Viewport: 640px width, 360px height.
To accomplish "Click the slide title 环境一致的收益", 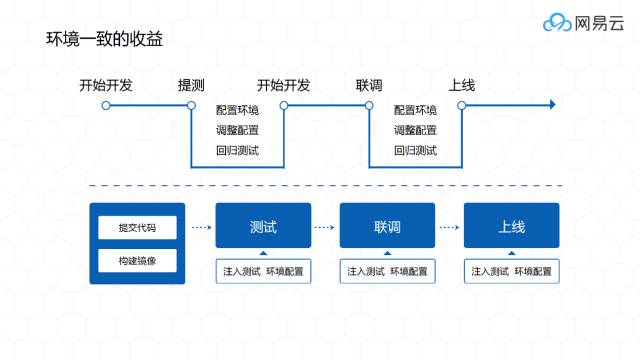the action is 104,39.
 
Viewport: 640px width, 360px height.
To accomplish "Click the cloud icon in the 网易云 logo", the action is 557,22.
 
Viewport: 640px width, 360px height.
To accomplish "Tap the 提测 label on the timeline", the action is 191,85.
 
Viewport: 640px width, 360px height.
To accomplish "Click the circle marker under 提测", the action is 191,106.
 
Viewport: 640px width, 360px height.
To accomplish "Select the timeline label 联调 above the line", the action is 369,85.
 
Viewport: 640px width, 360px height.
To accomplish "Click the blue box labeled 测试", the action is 263,225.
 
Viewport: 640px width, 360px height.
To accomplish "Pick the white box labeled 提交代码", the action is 137,227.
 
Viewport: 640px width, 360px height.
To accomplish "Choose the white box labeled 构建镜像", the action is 137,260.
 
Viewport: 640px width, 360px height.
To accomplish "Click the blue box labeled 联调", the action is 387,225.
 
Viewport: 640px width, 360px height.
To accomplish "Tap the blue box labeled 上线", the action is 511,225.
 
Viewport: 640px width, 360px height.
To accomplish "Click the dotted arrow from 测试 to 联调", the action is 325,227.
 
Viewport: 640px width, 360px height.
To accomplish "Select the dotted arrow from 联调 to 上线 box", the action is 449,227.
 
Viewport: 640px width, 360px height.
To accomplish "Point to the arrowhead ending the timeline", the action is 553,105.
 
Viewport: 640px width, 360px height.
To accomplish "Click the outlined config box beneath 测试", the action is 263,271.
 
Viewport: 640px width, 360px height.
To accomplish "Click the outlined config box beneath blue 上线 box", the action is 511,271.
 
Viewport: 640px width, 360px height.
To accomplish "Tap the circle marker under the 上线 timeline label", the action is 462,106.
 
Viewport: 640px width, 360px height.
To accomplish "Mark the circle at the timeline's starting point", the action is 106,106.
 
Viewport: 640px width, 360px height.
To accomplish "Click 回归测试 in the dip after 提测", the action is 238,151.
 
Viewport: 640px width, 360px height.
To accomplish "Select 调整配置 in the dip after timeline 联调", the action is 416,130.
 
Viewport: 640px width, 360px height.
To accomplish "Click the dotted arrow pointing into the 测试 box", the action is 202,227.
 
